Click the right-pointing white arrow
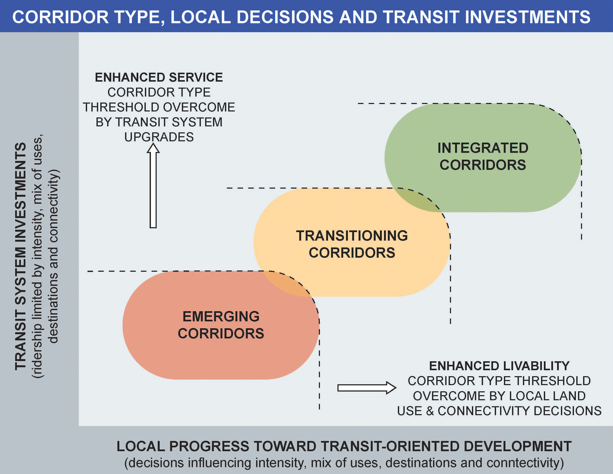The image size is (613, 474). coord(366,388)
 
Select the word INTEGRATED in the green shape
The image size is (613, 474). coord(483,148)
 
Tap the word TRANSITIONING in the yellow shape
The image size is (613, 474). coord(352,236)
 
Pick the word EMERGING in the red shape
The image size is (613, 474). coord(221,316)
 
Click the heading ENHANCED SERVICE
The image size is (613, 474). coord(159,77)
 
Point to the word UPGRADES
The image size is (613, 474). coord(159,137)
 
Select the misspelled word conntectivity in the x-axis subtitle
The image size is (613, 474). coord(525,463)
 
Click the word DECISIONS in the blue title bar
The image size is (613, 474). coord(285,17)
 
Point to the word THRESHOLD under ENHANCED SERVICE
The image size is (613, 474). coord(122,107)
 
